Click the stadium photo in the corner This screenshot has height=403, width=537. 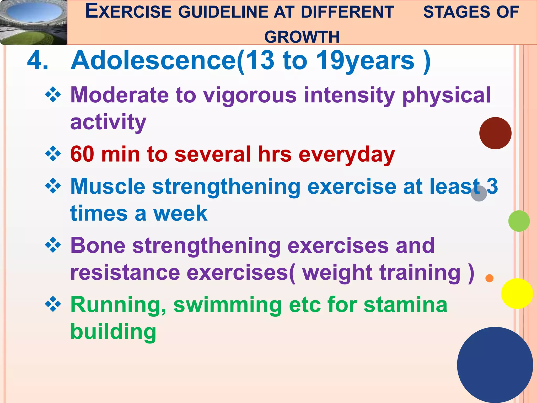click(34, 22)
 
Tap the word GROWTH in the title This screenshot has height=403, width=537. click(302, 37)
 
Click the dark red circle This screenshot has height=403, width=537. click(495, 133)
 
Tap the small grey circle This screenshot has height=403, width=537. click(479, 193)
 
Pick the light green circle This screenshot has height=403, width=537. click(519, 221)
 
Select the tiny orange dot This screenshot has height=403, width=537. click(489, 278)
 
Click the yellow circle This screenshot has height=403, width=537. click(517, 293)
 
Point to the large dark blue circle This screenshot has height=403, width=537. click(495, 365)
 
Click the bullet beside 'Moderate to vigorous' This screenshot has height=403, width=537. click(53, 94)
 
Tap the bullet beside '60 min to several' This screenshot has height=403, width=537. click(53, 153)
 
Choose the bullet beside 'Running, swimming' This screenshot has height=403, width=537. click(53, 304)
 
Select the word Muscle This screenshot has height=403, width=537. click(108, 186)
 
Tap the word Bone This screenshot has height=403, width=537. click(98, 246)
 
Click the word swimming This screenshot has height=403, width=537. click(228, 305)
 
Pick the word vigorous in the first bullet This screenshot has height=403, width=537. click(250, 95)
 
